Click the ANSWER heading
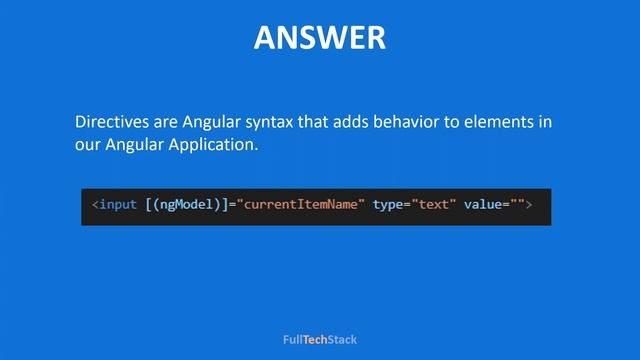point(319,38)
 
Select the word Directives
point(113,122)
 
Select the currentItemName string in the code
point(301,205)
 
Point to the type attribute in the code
point(388,205)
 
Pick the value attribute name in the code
point(483,205)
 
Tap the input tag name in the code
point(118,205)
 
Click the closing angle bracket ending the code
point(529,205)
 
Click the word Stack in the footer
point(342,340)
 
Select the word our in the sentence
point(88,145)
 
